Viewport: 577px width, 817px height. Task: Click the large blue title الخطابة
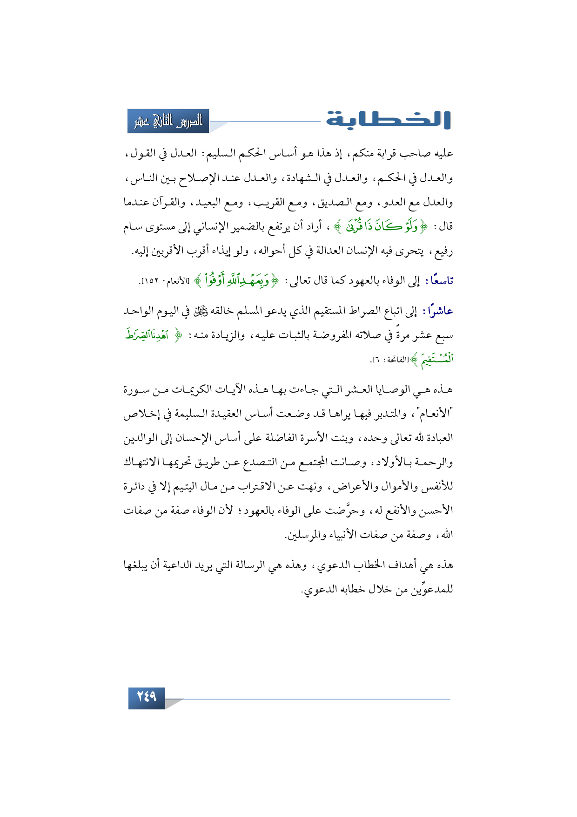(x=388, y=120)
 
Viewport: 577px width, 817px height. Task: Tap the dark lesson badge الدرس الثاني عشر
(x=168, y=121)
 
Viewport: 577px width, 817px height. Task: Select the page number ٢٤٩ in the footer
(x=147, y=697)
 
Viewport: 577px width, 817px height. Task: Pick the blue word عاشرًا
(x=438, y=311)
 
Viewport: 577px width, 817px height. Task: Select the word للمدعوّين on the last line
(x=430, y=590)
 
